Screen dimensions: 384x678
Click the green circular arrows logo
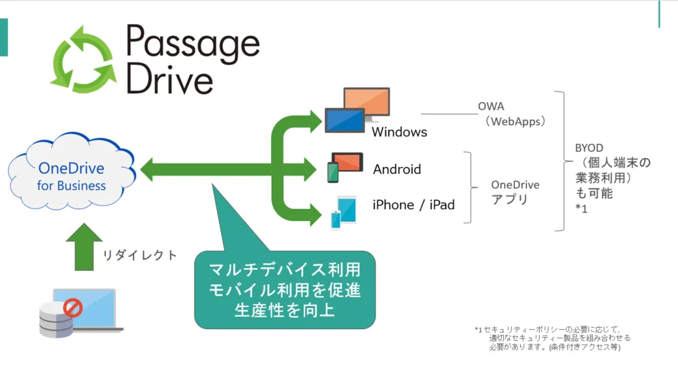84,59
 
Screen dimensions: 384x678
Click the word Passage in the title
193,44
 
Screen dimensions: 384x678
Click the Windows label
399,132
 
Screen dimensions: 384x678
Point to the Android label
397,169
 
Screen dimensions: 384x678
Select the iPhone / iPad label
414,204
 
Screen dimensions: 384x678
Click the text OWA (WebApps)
515,114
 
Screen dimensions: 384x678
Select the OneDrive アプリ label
515,192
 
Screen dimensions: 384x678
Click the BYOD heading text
589,147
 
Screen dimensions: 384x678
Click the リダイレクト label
140,256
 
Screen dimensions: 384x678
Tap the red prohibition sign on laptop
72,309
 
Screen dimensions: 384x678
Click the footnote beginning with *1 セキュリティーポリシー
553,338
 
